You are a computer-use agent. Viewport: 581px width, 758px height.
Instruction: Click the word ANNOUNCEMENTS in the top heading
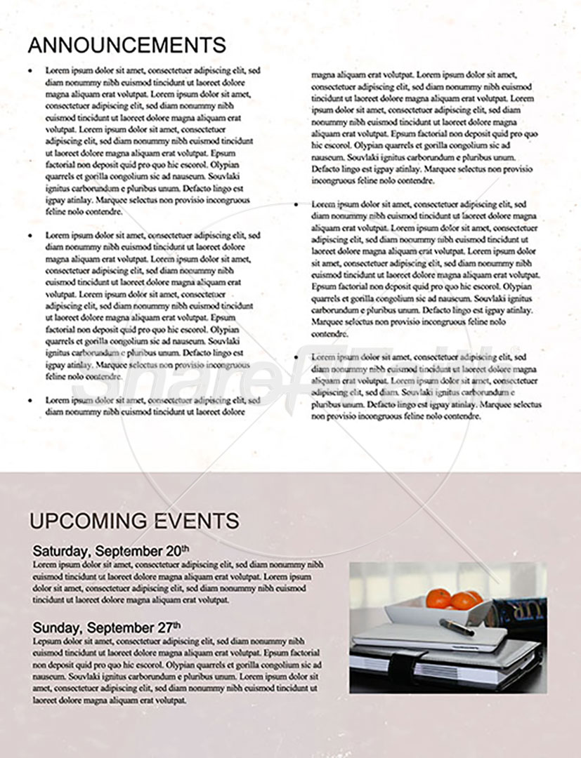126,45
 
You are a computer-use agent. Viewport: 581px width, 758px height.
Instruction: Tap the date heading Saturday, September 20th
110,550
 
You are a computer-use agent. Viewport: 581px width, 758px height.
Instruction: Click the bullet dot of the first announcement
30,71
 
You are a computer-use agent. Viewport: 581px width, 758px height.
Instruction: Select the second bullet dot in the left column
30,236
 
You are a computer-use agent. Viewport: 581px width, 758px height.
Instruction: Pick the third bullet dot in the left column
30,400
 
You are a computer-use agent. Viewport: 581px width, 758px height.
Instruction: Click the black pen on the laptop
457,626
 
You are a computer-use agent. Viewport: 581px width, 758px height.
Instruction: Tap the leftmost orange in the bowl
438,599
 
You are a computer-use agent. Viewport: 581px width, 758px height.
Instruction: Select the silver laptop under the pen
429,638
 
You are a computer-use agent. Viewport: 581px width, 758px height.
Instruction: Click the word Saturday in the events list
61,550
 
